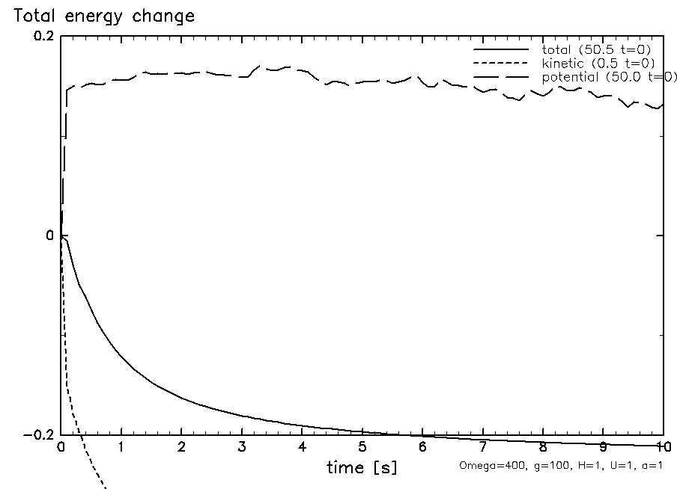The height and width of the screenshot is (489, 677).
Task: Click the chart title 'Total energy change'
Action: pyautogui.click(x=100, y=16)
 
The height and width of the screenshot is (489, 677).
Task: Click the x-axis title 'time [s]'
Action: pyautogui.click(x=362, y=468)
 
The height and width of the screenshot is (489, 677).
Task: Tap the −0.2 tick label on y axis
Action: pyautogui.click(x=37, y=435)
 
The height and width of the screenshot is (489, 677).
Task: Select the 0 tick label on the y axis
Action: pyautogui.click(x=50, y=236)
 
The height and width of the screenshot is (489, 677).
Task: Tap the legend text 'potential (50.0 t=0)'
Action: pyautogui.click(x=609, y=76)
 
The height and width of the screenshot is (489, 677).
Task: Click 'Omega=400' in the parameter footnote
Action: pyautogui.click(x=482, y=465)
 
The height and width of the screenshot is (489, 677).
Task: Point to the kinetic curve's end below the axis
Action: pyautogui.click(x=106, y=488)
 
